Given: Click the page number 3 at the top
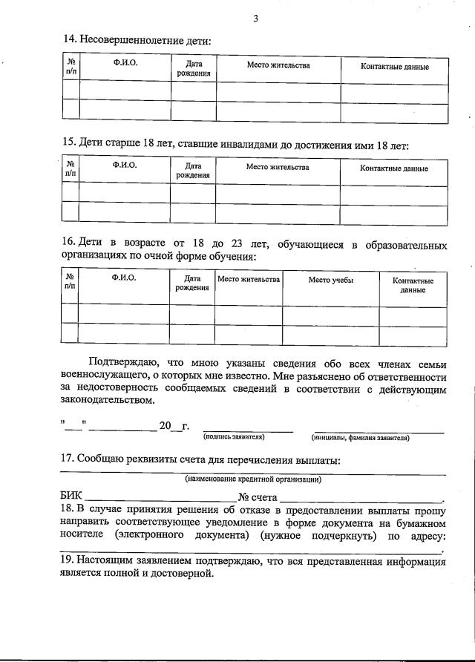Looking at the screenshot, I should click(x=255, y=19).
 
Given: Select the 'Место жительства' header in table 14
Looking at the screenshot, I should click(x=278, y=66).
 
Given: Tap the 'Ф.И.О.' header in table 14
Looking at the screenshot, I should click(x=125, y=64).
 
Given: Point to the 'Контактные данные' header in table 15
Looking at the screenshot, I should click(x=394, y=168).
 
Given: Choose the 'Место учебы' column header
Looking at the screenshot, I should click(x=331, y=281).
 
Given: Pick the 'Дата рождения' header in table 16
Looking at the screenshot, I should click(x=192, y=284).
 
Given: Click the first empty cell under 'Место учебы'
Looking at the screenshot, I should click(x=331, y=315).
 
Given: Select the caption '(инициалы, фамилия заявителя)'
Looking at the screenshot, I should click(x=359, y=438).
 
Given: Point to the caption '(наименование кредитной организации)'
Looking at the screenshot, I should click(x=253, y=479).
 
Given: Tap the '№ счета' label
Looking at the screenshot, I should click(x=258, y=496).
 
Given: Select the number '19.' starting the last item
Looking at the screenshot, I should click(x=67, y=562).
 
